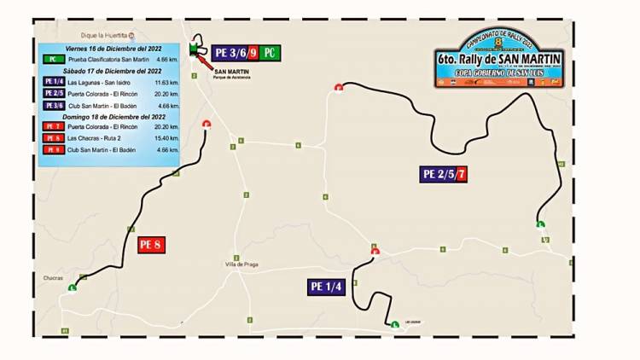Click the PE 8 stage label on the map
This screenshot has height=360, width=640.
pos(150,244)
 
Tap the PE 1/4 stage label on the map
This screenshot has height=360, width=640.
pos(326,287)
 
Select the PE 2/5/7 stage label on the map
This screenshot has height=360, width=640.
pos(444,174)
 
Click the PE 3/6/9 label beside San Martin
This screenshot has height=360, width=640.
pos(235,52)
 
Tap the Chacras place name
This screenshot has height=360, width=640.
pos(53,278)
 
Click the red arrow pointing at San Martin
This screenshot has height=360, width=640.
pos(205,62)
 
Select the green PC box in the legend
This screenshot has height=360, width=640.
pos(51,61)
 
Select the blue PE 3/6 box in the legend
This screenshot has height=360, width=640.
pos(51,105)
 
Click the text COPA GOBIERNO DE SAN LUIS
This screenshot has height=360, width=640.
pos(499,73)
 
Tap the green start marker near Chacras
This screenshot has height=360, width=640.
pos(72,288)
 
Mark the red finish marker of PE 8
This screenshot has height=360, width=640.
pos(206,125)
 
